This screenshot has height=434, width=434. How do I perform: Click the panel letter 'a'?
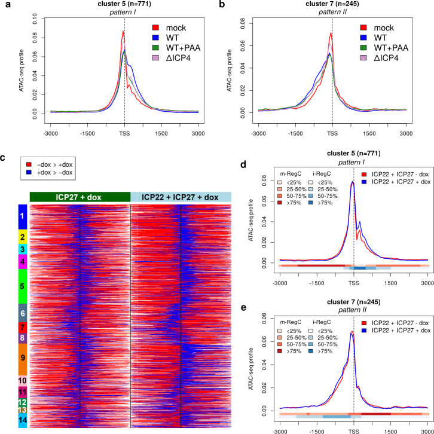pos(8,5)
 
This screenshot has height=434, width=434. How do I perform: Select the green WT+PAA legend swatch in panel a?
pos(155,48)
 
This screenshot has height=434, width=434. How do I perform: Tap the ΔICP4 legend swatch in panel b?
pos(363,58)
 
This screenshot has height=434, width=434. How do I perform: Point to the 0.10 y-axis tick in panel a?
pos(35,19)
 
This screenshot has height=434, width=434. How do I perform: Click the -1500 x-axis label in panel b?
pos(295,134)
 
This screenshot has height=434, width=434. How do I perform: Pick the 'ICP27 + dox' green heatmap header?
pos(80,197)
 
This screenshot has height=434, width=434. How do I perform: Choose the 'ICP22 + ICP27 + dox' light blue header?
pos(181,197)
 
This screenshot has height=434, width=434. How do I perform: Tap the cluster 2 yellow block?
pos(23,237)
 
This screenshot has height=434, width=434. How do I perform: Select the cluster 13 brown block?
pos(23,410)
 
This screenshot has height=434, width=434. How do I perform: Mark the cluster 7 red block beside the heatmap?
pos(23,328)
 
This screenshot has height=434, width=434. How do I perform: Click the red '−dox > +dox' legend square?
pos(29,164)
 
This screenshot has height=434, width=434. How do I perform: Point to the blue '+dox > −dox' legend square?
pos(29,172)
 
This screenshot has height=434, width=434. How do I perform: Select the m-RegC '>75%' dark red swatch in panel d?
pos(280,203)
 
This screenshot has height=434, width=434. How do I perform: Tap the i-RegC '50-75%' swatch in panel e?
pos(311,344)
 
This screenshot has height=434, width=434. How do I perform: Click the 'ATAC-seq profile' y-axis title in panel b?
pos(229,71)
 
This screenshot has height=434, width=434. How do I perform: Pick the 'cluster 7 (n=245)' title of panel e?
pos(353,302)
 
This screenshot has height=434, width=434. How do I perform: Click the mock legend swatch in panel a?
pos(155,27)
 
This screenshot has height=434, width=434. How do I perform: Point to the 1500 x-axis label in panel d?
pos(390,283)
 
